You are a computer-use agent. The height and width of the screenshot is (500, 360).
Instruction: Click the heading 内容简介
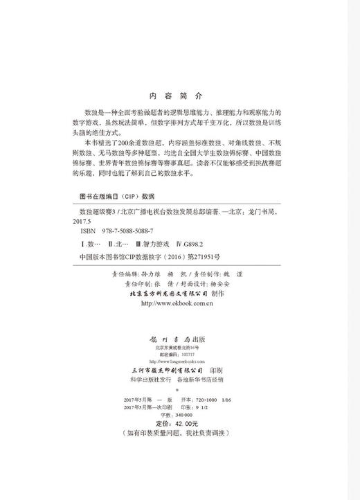point(179,97)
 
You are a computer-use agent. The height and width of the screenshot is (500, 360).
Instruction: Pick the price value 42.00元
point(185,422)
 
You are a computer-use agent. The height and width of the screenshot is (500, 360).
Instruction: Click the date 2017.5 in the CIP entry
point(91,219)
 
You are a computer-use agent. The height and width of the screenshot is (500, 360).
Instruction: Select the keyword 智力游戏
point(155,244)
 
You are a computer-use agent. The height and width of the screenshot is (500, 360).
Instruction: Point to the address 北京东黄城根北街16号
point(179,348)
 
